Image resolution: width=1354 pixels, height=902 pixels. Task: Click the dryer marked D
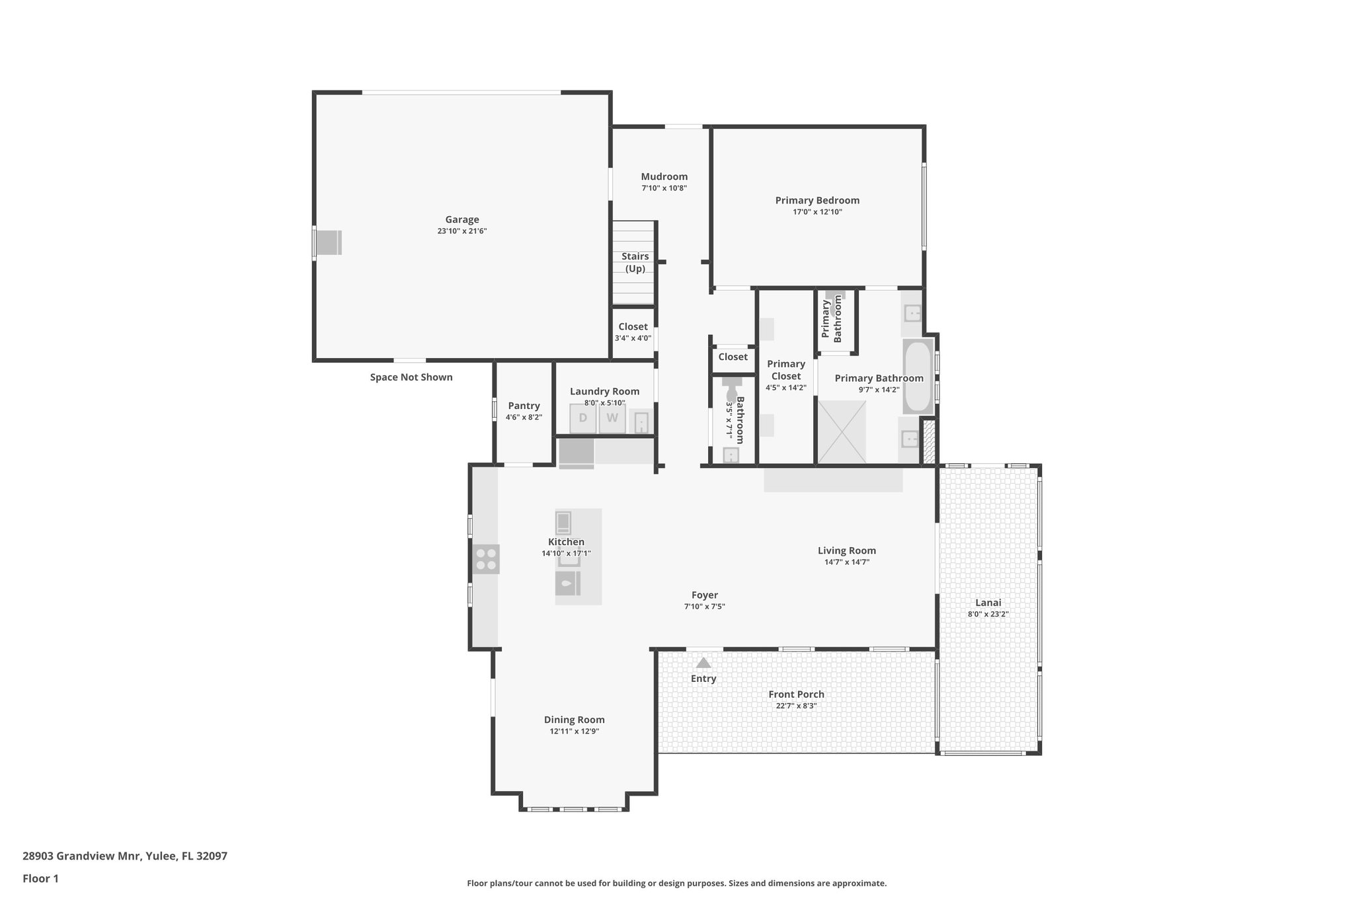click(x=582, y=418)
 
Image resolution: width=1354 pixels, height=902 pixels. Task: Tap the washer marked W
click(x=612, y=418)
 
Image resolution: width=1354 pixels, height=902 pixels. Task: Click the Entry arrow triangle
click(x=703, y=663)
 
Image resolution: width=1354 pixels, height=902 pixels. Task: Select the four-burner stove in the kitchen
click(x=486, y=559)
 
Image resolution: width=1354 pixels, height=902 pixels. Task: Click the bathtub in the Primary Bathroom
click(x=918, y=377)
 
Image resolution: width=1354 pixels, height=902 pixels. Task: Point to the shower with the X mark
click(x=842, y=432)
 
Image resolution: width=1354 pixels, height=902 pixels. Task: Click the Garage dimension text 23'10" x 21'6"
click(x=461, y=231)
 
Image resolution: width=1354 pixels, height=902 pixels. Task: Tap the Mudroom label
click(x=664, y=176)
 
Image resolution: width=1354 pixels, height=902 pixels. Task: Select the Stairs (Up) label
click(x=635, y=262)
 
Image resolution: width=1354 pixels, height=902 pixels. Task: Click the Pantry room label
click(x=524, y=406)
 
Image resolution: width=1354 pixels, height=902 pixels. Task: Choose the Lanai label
click(x=988, y=603)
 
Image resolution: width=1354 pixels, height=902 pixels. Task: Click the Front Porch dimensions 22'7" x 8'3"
click(x=796, y=706)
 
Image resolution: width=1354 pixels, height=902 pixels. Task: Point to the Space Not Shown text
click(x=411, y=377)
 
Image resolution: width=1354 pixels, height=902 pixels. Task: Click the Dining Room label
click(x=574, y=720)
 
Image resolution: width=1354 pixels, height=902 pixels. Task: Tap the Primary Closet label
click(x=785, y=370)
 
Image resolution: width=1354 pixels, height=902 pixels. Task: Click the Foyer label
click(x=704, y=595)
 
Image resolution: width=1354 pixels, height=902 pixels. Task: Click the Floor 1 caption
click(x=40, y=879)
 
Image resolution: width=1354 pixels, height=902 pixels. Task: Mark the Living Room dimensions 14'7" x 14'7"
click(x=846, y=562)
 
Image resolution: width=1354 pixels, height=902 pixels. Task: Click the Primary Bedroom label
click(x=817, y=200)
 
